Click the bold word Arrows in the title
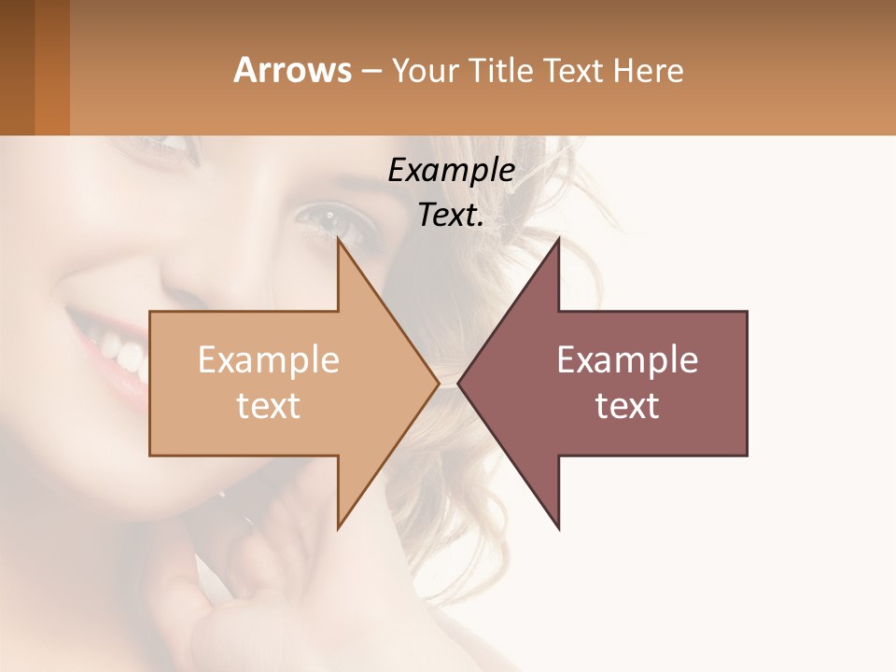293,70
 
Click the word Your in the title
423,70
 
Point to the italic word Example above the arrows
451,171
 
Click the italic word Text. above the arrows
451,216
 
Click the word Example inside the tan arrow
268,360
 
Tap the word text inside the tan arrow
268,405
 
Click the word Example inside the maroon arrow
627,360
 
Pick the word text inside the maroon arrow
627,405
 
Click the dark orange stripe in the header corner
52,67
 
